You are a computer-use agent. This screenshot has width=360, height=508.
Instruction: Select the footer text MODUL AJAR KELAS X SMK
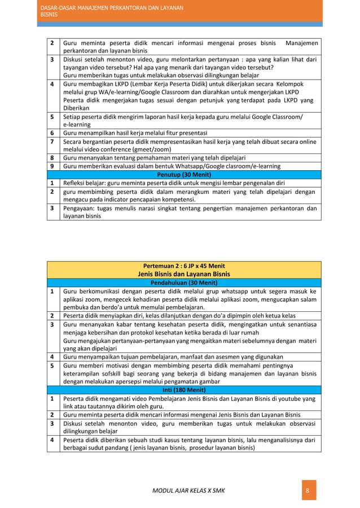tap(188, 491)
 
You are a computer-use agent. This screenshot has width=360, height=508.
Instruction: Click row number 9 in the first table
tap(51, 166)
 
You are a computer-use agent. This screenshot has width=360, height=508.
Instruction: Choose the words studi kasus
tap(168, 439)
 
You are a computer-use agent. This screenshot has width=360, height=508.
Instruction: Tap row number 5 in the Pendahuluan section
tap(51, 365)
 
